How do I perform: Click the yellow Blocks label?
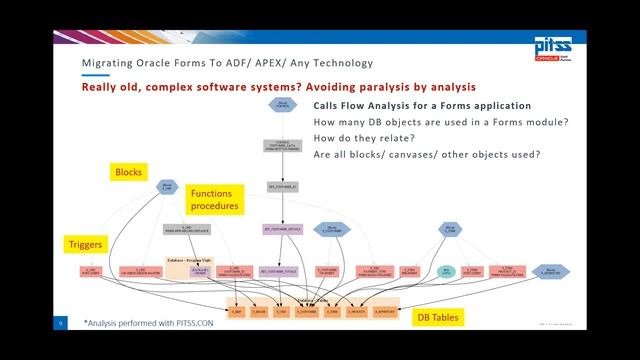tap(129, 172)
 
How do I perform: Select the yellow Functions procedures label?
tap(216, 199)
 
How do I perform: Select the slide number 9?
tap(61, 323)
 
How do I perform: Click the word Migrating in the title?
tap(107, 64)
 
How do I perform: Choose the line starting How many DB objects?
tap(427, 122)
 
